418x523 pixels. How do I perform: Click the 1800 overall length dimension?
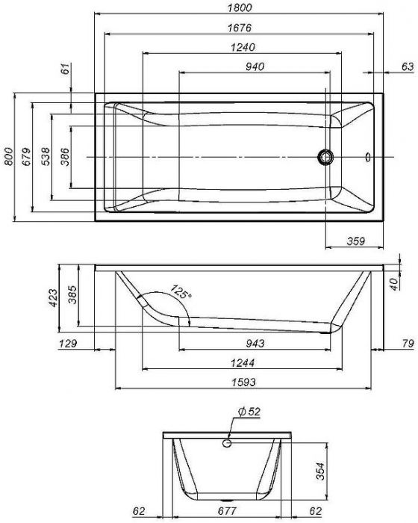240,7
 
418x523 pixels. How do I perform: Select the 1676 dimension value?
240,28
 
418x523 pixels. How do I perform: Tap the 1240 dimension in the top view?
243,47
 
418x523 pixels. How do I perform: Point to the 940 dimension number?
255,66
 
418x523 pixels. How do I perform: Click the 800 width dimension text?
9,156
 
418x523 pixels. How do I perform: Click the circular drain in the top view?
325,157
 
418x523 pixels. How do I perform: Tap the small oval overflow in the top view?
368,157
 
